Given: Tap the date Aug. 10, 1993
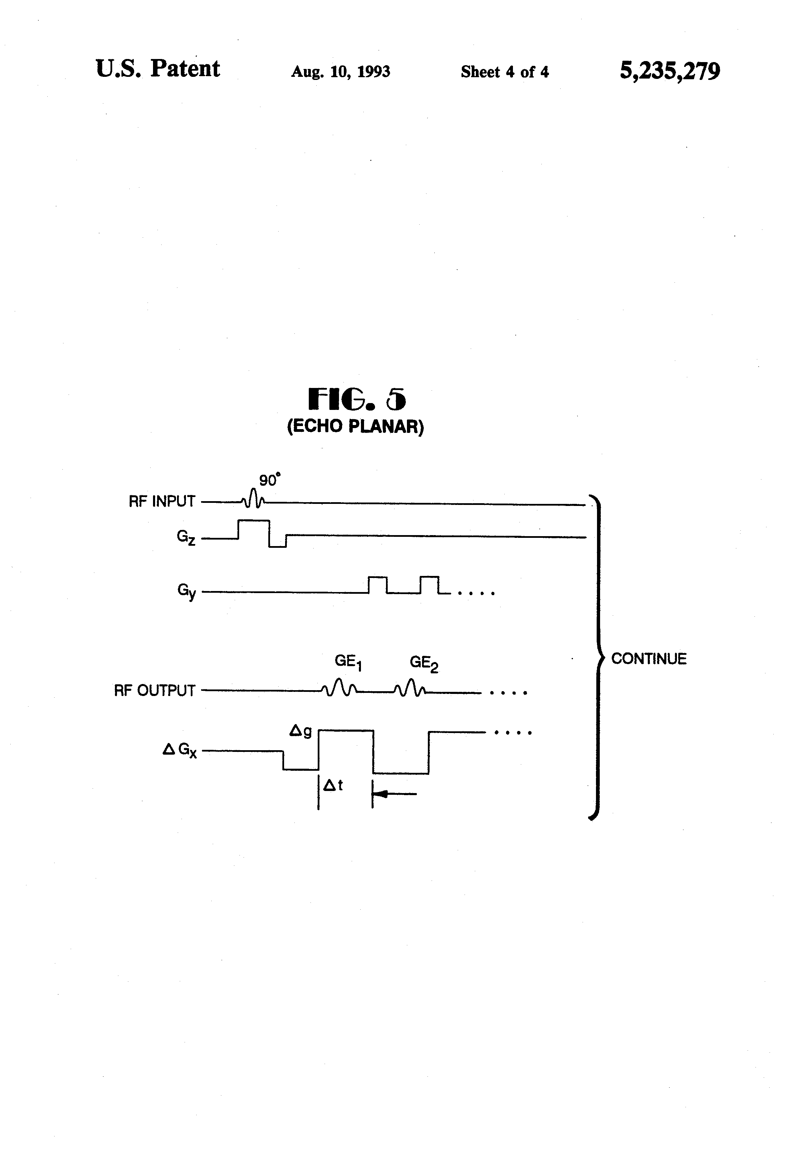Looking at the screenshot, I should coord(341,72).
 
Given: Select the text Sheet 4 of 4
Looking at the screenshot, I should coord(505,72).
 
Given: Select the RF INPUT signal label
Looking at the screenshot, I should coord(162,501).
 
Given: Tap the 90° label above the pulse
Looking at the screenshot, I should coord(269,480).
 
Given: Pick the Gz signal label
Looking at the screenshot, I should coord(186,538).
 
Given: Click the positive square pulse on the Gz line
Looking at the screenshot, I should coord(254,528).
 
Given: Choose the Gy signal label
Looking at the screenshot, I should coord(186,591).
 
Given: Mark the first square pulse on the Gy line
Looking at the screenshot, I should coord(377,584).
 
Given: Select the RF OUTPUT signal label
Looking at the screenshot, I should coord(154,690).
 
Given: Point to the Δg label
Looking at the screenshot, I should coord(300,731).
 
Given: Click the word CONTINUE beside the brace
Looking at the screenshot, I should coord(648,659).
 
